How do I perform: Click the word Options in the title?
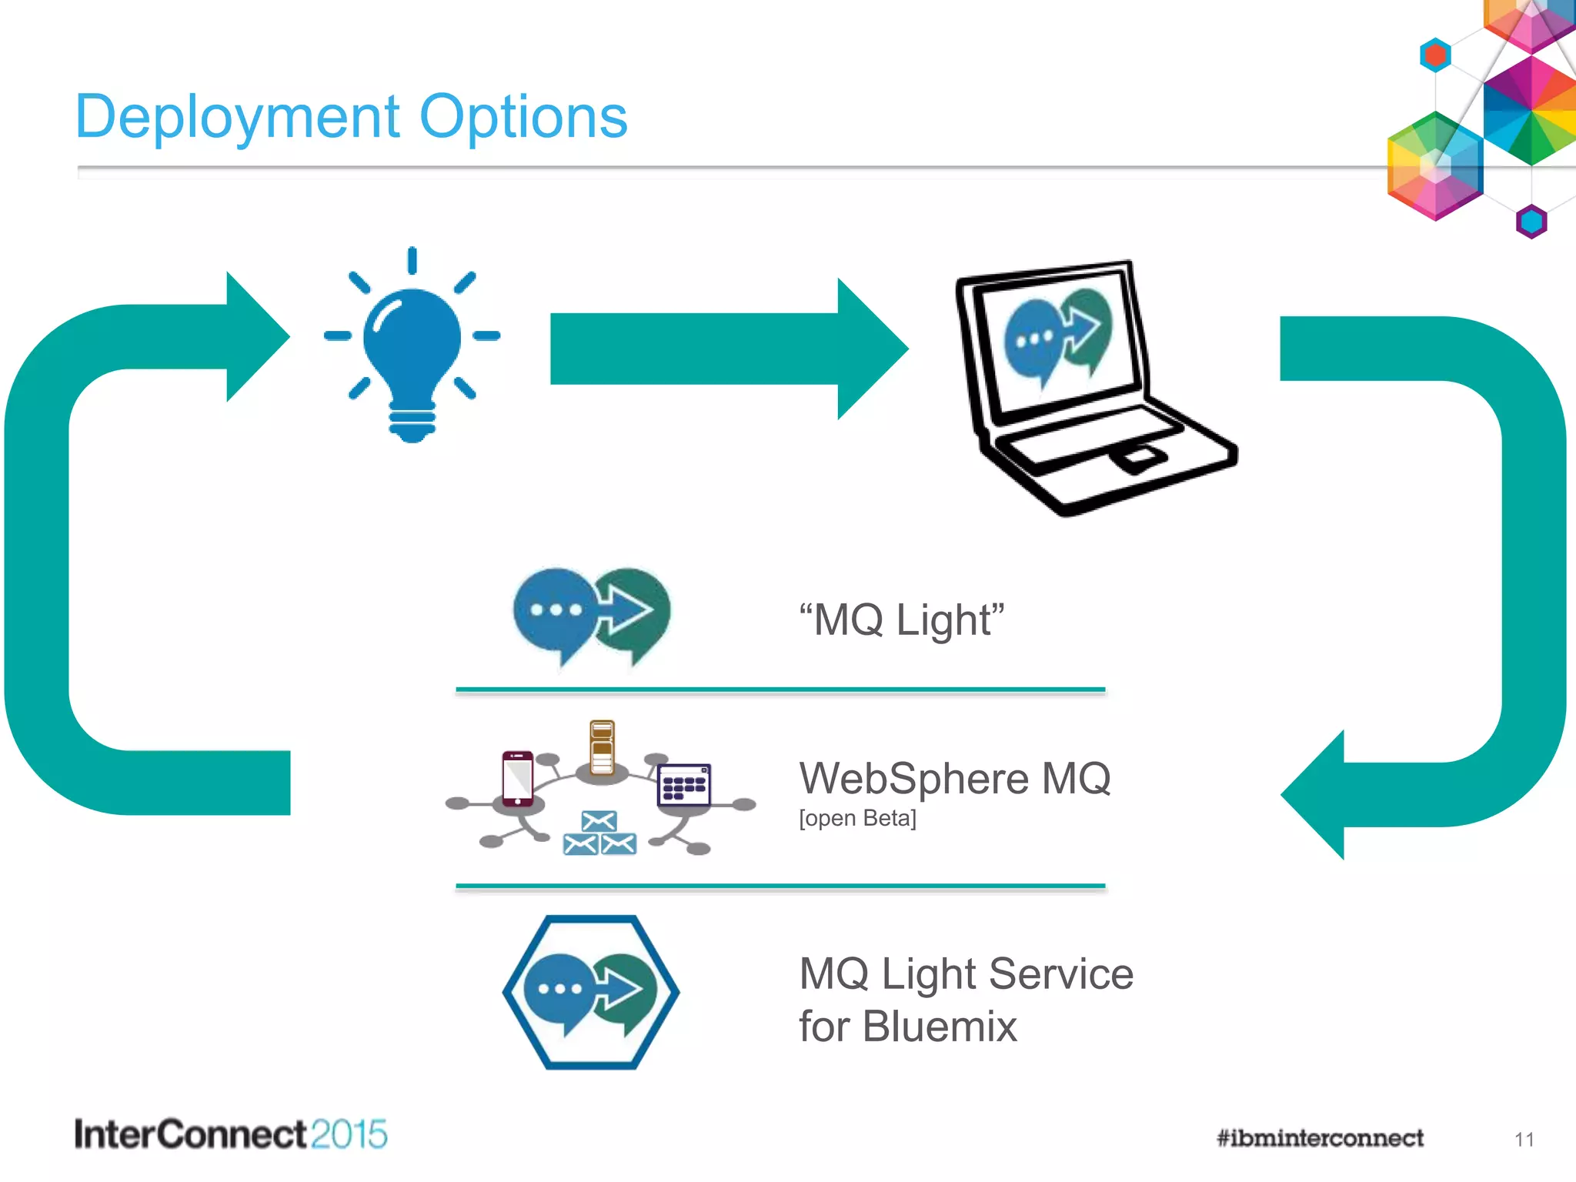523,118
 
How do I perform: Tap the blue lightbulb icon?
412,346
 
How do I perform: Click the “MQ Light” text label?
901,620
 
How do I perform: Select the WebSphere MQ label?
954,778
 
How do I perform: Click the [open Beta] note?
857,818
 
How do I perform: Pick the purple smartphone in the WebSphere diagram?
517,778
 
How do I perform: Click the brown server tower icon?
602,747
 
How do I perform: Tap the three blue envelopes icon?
599,834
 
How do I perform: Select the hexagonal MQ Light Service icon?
591,992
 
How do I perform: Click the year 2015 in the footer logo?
349,1134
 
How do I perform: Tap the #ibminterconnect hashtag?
1320,1138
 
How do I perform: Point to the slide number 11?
1524,1140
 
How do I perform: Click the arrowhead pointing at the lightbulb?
254,336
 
